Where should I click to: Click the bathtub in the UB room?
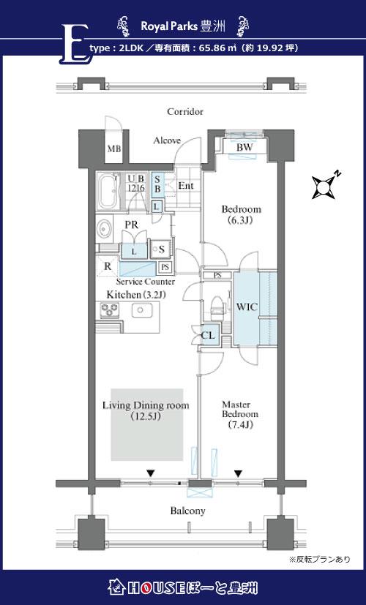pos(108,191)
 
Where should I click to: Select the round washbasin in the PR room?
pos(104,229)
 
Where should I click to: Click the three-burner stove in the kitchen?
pos(110,310)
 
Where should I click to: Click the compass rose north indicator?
pos(324,187)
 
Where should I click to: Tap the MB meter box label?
pos(114,149)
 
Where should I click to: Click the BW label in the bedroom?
pos(244,147)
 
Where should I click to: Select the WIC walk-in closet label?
pos(247,307)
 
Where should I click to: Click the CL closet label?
pos(208,335)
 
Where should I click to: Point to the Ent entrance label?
pos(186,186)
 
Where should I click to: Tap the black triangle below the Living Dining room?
pos(151,473)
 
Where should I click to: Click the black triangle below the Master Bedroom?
pos(238,473)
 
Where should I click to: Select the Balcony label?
pos(188,511)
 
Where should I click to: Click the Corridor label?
pos(185,112)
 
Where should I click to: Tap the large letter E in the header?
pos(75,44)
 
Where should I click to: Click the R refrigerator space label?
pos(108,266)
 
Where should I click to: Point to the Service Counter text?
pos(145,282)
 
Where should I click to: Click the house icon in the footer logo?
pos(117,587)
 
